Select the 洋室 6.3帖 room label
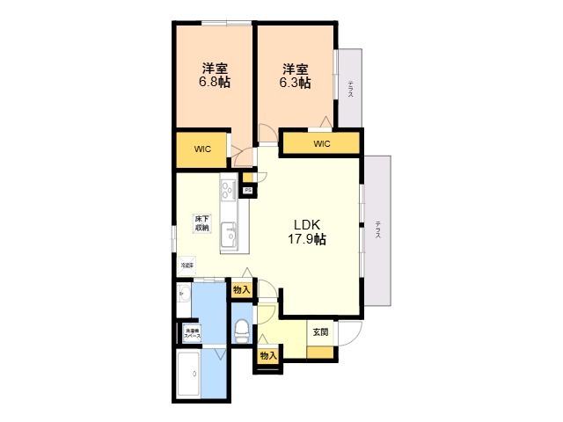point(296,76)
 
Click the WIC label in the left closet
point(203,149)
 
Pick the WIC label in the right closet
point(320,143)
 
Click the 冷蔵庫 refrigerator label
point(187,264)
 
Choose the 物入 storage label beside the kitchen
point(242,289)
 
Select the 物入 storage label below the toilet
point(268,355)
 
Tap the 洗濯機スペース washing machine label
point(192,333)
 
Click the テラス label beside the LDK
point(377,230)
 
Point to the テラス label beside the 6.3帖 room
point(350,89)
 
